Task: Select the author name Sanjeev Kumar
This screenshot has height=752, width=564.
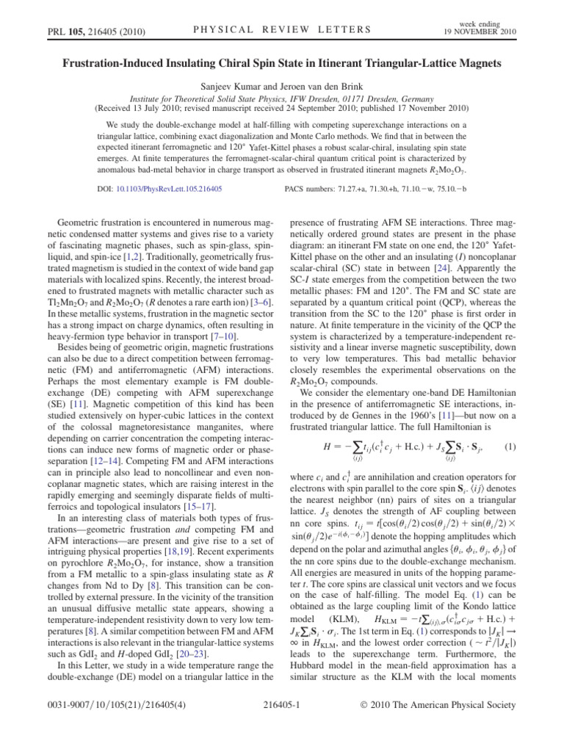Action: (221, 85)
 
